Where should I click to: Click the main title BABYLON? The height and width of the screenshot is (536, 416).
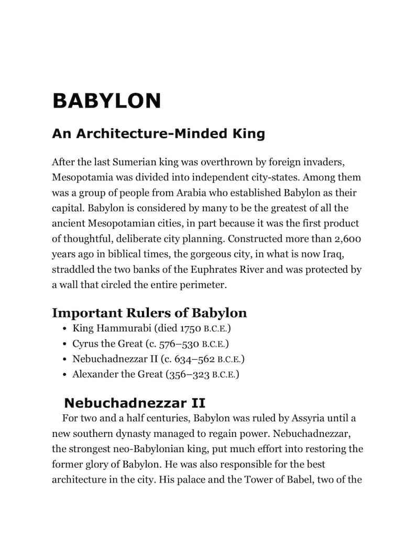tap(106, 101)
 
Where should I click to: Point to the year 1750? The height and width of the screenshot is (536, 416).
tap(190, 329)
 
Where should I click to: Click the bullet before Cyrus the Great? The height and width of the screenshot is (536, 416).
tap(63, 345)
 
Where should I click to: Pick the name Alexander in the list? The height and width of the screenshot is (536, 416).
tap(97, 375)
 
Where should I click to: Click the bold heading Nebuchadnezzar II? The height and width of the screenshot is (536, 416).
tap(134, 403)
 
